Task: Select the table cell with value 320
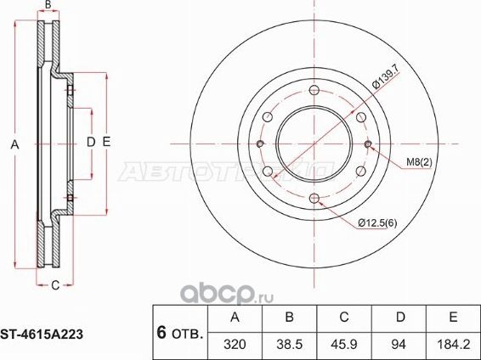235,345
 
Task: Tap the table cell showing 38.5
289,345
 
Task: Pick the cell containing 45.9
343,345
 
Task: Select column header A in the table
235,318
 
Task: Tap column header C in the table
343,318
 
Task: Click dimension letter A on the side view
14,145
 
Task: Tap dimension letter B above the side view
48,6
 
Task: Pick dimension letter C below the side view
54,285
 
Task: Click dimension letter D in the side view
91,142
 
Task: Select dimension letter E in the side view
105,142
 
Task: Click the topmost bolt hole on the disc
314,92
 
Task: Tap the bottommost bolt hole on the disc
314,197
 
